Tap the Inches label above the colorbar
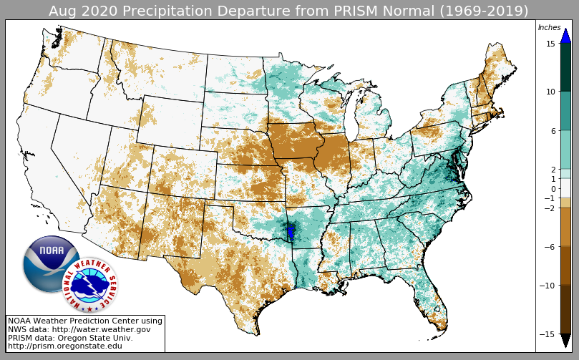tap(549, 28)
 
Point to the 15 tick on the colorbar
tap(550, 44)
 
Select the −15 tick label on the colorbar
tap(548, 334)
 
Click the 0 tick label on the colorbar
tap(552, 189)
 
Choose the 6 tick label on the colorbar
tap(552, 131)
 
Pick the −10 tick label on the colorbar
tap(548, 286)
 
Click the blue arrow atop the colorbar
tap(565, 35)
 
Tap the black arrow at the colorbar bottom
tap(565, 341)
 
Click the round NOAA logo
tap(50, 263)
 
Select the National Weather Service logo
tap(90, 285)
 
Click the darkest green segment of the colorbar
tap(565, 67)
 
